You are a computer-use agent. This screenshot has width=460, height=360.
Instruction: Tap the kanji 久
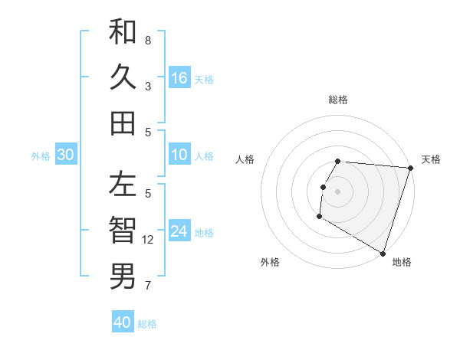point(123,77)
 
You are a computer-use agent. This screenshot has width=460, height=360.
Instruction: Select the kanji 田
point(123,123)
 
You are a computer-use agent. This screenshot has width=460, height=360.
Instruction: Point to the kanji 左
point(123,185)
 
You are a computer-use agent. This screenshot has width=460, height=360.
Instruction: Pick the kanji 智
point(123,230)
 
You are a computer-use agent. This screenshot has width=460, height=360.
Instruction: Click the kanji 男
point(123,275)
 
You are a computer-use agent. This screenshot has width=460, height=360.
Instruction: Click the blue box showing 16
point(179,78)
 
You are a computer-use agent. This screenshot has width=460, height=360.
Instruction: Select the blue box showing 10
point(179,155)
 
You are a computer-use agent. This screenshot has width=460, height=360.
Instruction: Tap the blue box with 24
point(179,232)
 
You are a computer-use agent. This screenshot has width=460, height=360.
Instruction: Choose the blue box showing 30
point(65,155)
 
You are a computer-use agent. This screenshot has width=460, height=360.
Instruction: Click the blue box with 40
point(123,322)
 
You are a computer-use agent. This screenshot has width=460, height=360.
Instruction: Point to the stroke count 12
point(149,240)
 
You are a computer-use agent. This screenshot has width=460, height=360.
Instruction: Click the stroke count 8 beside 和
point(148,40)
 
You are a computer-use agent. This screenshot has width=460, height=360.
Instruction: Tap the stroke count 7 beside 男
point(148,286)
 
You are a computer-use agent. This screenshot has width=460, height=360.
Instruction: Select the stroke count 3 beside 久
point(148,87)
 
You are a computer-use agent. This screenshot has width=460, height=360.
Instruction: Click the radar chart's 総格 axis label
point(338,100)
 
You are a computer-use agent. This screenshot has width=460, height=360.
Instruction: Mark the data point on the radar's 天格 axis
point(409,169)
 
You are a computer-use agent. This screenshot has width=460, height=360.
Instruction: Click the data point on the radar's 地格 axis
point(383,253)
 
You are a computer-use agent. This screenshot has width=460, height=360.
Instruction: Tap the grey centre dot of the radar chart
point(337,191)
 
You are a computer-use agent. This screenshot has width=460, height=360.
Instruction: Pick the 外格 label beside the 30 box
point(41,156)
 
